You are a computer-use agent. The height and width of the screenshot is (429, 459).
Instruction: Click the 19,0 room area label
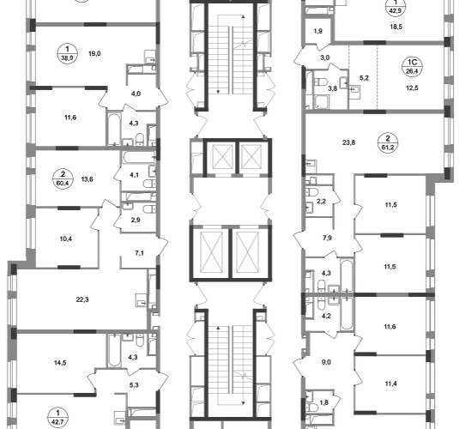coord(94,53)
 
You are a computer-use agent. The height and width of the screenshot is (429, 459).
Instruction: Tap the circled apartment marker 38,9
coord(67,53)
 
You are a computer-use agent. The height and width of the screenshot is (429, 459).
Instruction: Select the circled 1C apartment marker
coord(412,66)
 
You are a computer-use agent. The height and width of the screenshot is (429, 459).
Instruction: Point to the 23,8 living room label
coord(349,142)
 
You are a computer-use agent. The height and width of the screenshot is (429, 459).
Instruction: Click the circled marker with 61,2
coord(388,142)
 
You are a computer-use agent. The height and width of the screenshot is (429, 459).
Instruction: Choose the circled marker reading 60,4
coord(63,179)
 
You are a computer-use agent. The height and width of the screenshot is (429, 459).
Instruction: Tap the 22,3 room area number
coord(82,299)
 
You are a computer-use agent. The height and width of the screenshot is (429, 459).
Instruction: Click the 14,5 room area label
coord(60,363)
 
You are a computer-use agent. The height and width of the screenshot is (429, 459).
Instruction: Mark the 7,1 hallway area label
coord(139,253)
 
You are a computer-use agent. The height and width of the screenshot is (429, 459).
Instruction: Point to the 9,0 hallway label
coord(326,362)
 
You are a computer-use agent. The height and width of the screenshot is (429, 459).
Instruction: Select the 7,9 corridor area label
coord(327,238)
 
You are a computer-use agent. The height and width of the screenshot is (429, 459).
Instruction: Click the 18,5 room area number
coord(396,27)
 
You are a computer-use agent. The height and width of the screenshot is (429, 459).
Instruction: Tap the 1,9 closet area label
coord(318,31)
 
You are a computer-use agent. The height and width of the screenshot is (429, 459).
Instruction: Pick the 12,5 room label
coord(412,88)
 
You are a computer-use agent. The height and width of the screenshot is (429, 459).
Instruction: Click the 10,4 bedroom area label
coord(66,239)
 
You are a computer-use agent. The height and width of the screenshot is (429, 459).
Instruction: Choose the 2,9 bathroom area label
coord(136,220)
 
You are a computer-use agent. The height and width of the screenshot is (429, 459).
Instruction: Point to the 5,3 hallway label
coord(134,385)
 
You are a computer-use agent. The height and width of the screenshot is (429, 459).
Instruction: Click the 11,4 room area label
coord(391,384)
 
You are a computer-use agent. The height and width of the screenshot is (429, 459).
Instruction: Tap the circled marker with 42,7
coord(58,418)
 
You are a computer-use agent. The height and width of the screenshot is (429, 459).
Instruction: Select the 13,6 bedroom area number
coord(87,179)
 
